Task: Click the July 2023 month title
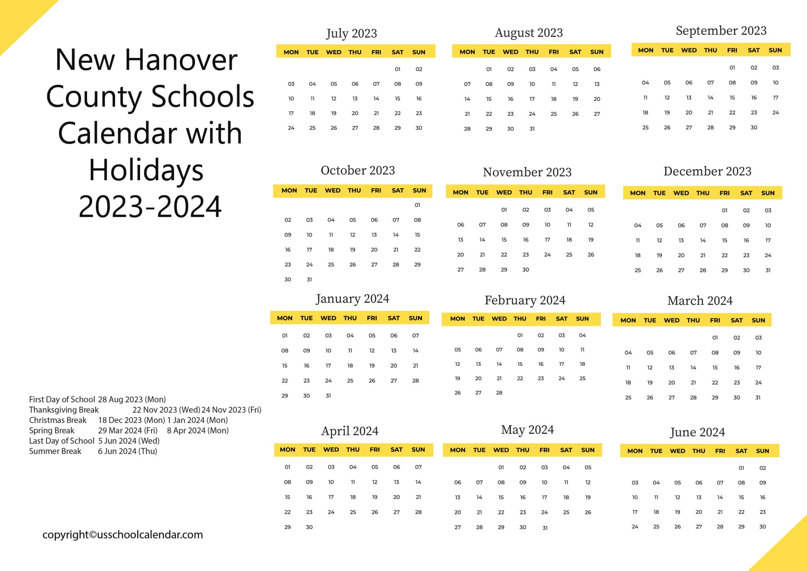coord(351,34)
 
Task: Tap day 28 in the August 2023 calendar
coord(467,129)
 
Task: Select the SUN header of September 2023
coord(775,50)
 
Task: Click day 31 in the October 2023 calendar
coord(309,279)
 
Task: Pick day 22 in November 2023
coord(504,255)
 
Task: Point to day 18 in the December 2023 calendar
coord(638,255)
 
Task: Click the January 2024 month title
coord(352,299)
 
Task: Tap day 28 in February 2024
coord(499,392)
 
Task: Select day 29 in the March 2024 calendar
coord(715,397)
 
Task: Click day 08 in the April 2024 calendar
coord(288,482)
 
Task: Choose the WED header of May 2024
coord(501,450)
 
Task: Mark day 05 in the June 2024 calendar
coord(677,482)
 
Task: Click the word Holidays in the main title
coord(146,170)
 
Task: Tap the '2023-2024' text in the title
coord(150,207)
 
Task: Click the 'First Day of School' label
coord(62,399)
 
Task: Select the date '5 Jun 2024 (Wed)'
coord(129,441)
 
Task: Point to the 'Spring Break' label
coord(52,431)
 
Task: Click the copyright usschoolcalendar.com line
coord(123,535)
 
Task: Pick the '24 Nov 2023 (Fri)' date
coord(231,410)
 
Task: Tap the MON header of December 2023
coord(638,193)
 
